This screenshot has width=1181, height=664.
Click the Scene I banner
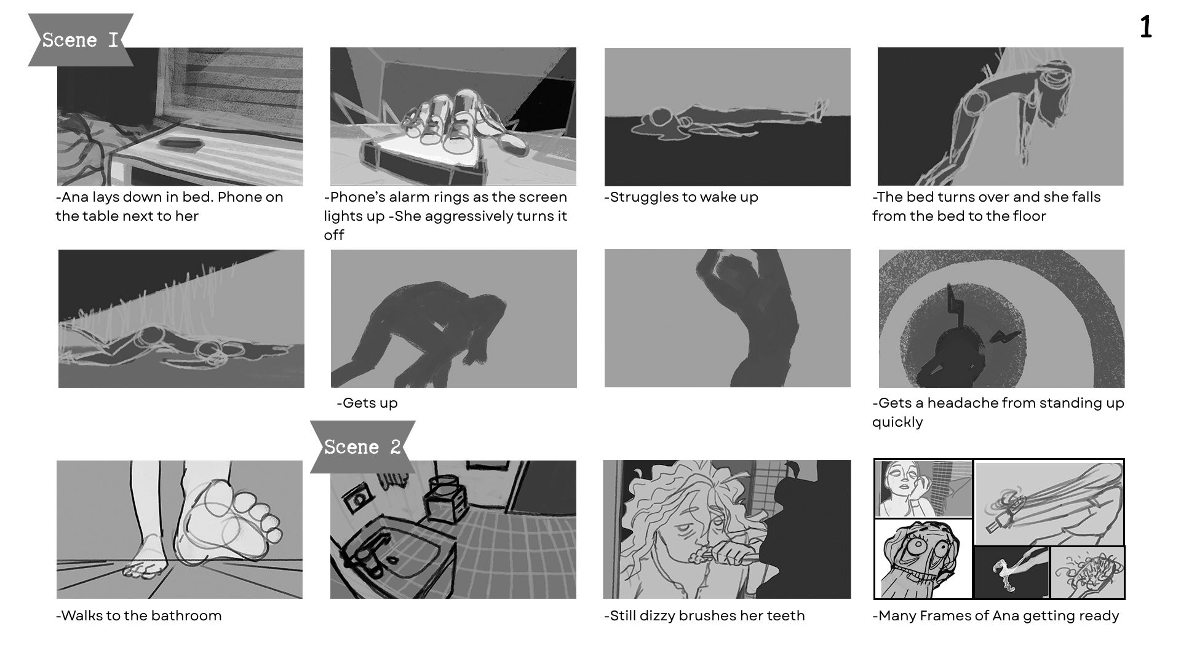(81, 40)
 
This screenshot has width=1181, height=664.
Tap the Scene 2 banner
(362, 447)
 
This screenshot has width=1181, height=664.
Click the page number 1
(1145, 28)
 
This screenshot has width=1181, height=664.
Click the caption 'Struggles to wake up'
(681, 197)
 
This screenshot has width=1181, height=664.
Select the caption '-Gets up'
(367, 403)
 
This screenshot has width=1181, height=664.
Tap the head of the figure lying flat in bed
(660, 117)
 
